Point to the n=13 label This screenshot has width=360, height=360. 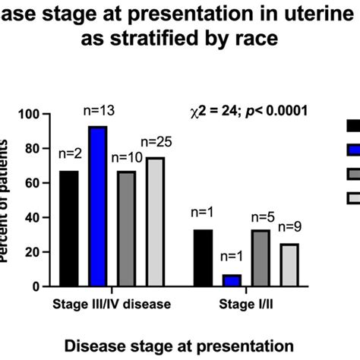[97, 112]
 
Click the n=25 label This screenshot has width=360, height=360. [155, 141]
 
